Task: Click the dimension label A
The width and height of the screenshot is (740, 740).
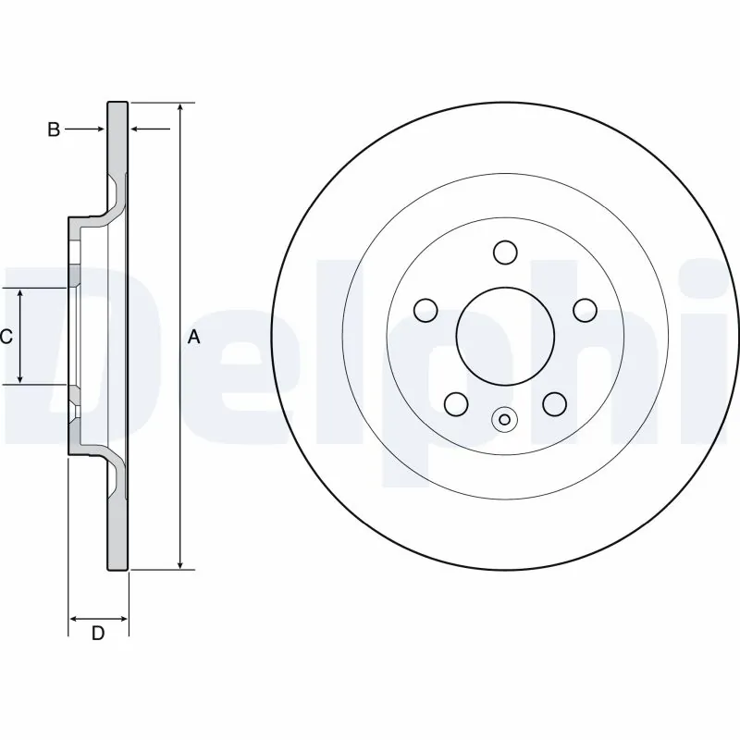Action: pos(193,338)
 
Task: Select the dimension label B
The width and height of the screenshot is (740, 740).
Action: pos(54,130)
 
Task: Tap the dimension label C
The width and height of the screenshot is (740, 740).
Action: pos(6,338)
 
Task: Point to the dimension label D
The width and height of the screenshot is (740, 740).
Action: pos(97,633)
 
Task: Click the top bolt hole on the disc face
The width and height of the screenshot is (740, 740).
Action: pos(504,252)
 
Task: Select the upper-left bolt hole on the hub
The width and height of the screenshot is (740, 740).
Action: pos(425,309)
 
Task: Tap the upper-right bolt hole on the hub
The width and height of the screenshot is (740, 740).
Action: pos(584,309)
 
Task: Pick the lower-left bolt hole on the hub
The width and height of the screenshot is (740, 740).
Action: pos(456,402)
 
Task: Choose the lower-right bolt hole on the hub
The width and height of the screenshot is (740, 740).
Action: pos(553,402)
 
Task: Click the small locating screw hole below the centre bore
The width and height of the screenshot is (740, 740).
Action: pos(504,420)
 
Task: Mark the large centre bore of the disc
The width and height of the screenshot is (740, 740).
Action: pos(504,335)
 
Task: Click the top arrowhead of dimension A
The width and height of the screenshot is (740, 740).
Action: pos(180,107)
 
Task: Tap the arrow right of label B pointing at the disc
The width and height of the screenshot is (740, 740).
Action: pos(98,129)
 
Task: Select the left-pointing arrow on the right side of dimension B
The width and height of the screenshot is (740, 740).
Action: pos(136,129)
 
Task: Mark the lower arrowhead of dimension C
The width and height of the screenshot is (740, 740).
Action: pos(21,378)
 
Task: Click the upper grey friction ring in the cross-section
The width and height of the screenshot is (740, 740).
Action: pos(117,139)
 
